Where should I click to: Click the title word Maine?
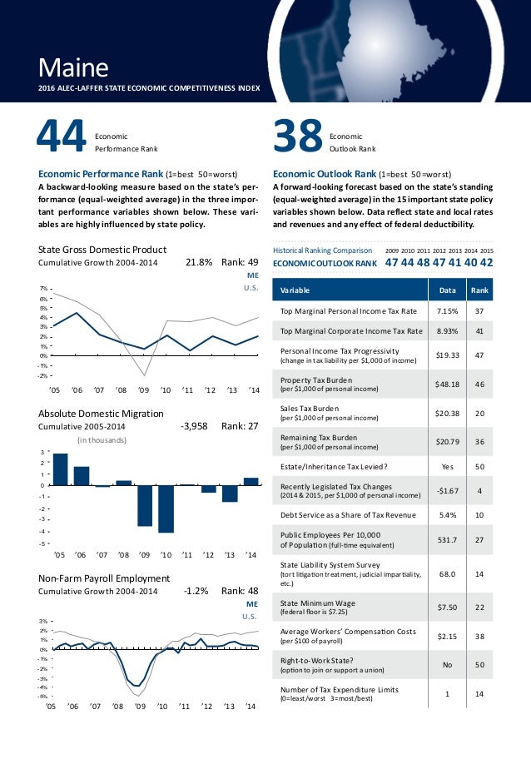(x=74, y=66)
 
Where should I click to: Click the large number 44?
(x=61, y=137)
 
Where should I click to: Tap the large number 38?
(x=298, y=137)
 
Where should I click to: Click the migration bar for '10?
(x=166, y=508)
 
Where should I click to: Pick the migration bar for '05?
(x=60, y=469)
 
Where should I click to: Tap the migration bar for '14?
(x=251, y=481)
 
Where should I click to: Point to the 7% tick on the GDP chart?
(x=43, y=289)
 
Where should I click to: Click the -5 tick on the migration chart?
(x=43, y=543)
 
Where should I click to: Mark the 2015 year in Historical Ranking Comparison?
(x=486, y=250)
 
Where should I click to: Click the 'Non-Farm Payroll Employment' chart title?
(x=104, y=578)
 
